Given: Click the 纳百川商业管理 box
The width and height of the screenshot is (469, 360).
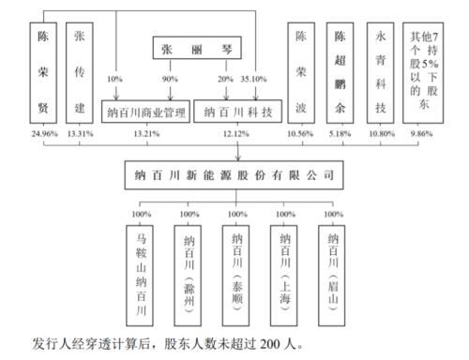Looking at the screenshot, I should click(144, 112).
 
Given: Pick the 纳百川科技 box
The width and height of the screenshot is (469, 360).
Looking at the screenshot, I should click(236, 112).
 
